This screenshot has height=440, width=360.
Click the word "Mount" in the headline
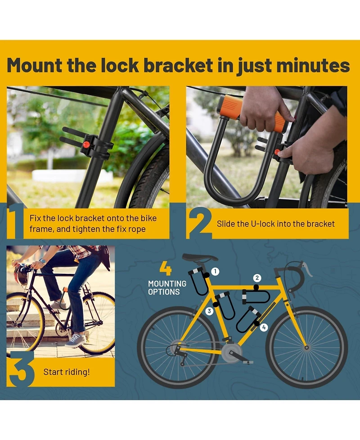(34, 65)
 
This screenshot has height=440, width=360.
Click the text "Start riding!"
(67, 372)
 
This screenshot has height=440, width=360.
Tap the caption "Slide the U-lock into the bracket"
(275, 224)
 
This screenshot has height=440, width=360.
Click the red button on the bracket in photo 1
(86, 145)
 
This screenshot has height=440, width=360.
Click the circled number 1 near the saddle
(215, 272)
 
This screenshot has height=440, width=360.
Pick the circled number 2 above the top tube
(257, 278)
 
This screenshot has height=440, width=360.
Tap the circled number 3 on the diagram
(209, 311)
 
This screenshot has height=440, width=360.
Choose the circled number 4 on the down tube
(264, 327)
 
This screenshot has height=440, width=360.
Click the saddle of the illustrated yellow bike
(200, 257)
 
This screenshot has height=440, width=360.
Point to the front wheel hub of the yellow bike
(306, 348)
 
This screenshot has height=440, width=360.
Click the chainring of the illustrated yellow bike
(232, 352)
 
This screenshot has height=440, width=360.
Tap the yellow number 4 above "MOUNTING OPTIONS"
(166, 268)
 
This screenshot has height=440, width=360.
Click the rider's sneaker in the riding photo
(75, 340)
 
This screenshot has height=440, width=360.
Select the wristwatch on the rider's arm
(43, 262)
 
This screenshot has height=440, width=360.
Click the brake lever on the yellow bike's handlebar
(307, 269)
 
